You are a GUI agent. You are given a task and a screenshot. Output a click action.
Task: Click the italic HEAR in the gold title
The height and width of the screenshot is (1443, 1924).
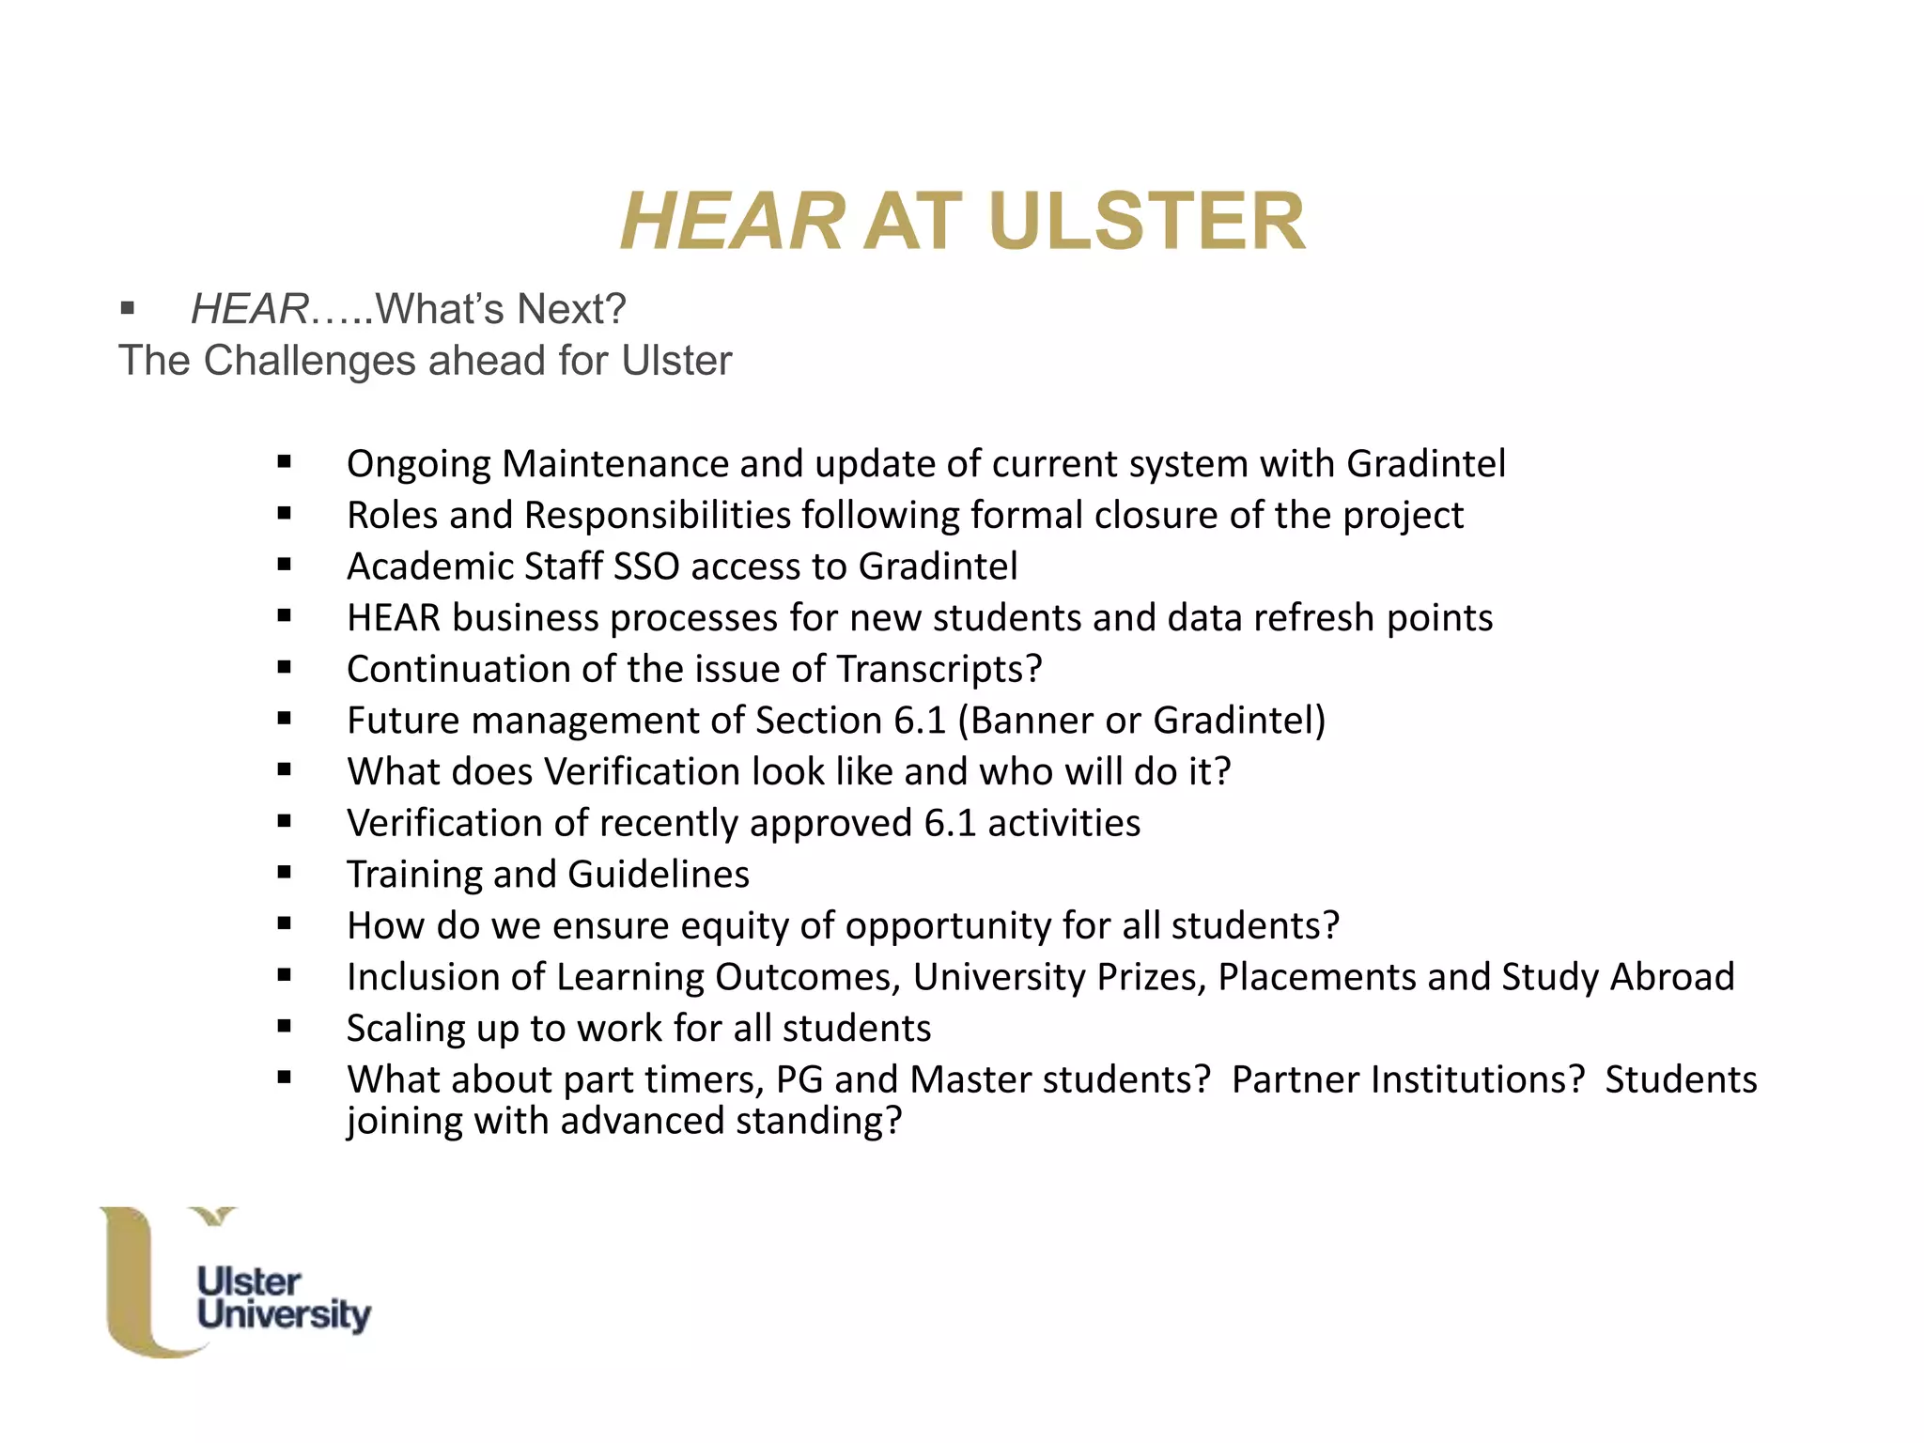click(x=732, y=222)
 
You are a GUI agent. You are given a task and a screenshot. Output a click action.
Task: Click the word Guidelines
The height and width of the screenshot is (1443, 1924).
click(x=659, y=875)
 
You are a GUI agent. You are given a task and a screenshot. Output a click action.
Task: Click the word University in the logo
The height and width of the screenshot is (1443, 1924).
click(x=284, y=1314)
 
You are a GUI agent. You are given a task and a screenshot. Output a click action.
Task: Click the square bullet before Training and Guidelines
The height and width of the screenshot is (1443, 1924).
click(x=285, y=873)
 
